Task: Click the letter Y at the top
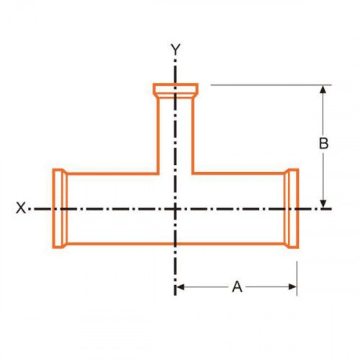point(176,49)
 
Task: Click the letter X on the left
point(21,208)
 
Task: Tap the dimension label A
point(237,287)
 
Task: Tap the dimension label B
point(323,143)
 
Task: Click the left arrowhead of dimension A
point(180,287)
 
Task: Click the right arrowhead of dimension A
point(293,287)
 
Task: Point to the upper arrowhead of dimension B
point(323,89)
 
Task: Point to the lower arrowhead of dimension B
point(323,204)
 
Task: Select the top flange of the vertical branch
point(176,91)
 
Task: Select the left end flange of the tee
point(60,208)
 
